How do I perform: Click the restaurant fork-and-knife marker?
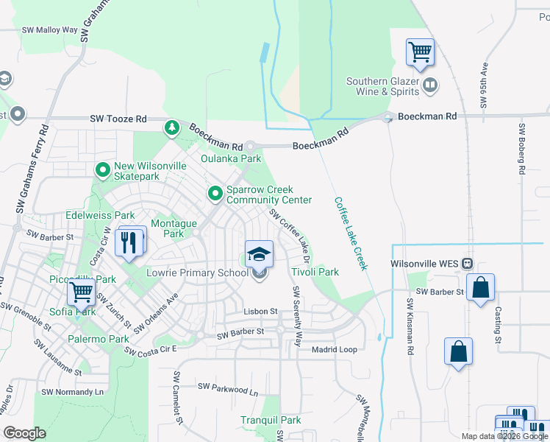click(x=130, y=242)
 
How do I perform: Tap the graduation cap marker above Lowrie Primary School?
click(x=259, y=255)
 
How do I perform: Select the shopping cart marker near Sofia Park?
click(x=81, y=293)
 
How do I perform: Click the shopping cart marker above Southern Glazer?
click(x=420, y=53)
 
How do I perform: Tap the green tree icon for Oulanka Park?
click(x=172, y=128)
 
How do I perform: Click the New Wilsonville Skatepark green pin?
click(x=102, y=171)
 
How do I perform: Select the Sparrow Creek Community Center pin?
click(x=215, y=194)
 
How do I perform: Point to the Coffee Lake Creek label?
click(x=351, y=233)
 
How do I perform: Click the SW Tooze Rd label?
click(x=118, y=118)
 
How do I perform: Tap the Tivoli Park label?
click(x=315, y=272)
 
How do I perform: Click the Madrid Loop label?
click(x=334, y=350)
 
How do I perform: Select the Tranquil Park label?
click(x=271, y=420)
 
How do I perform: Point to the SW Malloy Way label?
click(x=49, y=30)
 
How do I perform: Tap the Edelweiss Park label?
click(x=100, y=215)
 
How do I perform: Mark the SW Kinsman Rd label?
click(x=410, y=327)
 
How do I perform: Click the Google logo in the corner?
click(x=24, y=432)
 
